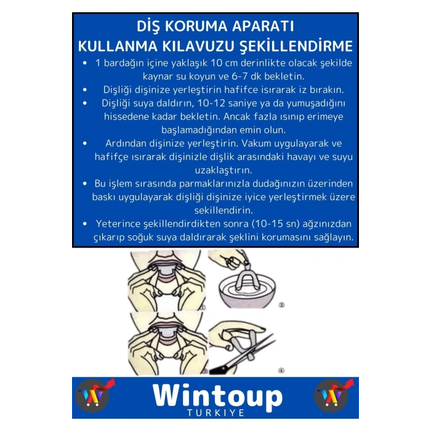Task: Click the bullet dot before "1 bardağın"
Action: coord(84,63)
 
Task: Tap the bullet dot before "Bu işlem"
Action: coord(84,183)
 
